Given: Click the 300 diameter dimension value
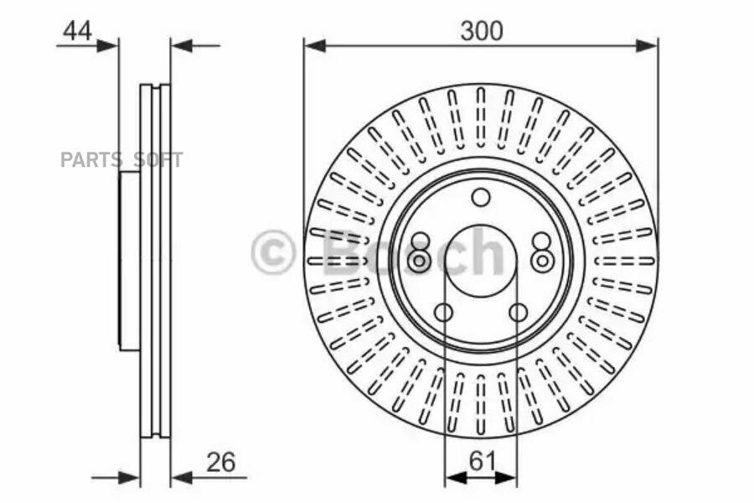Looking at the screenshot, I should click(x=481, y=31).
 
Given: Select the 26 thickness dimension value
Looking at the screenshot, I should click(x=219, y=461).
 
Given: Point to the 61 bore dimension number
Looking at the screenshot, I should click(x=481, y=460).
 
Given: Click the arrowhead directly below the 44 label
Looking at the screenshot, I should click(x=108, y=45).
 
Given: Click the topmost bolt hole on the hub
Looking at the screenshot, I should click(x=480, y=198).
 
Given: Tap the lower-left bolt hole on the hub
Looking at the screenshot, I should click(x=443, y=314).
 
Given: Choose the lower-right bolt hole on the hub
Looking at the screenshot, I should click(x=518, y=314).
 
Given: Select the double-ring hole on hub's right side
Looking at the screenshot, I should click(x=542, y=262).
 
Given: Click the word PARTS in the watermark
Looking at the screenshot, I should click(x=90, y=159).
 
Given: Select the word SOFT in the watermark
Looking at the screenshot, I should click(x=158, y=159).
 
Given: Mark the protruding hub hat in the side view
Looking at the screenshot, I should click(x=129, y=261).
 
